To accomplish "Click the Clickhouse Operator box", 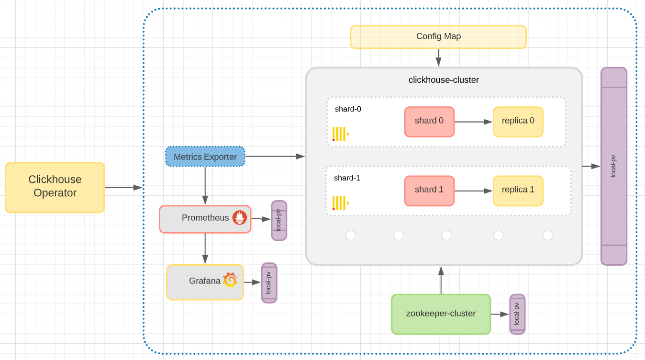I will click(55, 187).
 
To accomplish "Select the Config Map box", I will click(438, 37).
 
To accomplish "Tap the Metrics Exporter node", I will click(205, 157).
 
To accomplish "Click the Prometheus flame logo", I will click(240, 217).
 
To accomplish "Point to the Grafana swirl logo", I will click(230, 280).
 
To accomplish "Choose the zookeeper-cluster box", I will click(441, 314).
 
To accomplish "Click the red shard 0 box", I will click(429, 122).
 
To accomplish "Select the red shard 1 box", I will click(429, 191).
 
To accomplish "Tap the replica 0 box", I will click(518, 122).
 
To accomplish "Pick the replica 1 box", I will click(518, 191).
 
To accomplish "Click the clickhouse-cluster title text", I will click(444, 80).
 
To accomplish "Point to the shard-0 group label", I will click(348, 109).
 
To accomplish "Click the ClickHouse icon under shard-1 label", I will click(340, 203).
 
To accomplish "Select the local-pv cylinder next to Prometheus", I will click(279, 220).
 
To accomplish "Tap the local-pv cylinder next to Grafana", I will click(269, 282).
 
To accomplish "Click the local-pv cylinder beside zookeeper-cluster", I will click(517, 314).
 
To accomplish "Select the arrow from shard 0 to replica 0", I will click(473, 122).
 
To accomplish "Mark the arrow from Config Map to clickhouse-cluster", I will click(438, 57).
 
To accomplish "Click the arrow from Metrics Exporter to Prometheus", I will click(205, 186).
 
